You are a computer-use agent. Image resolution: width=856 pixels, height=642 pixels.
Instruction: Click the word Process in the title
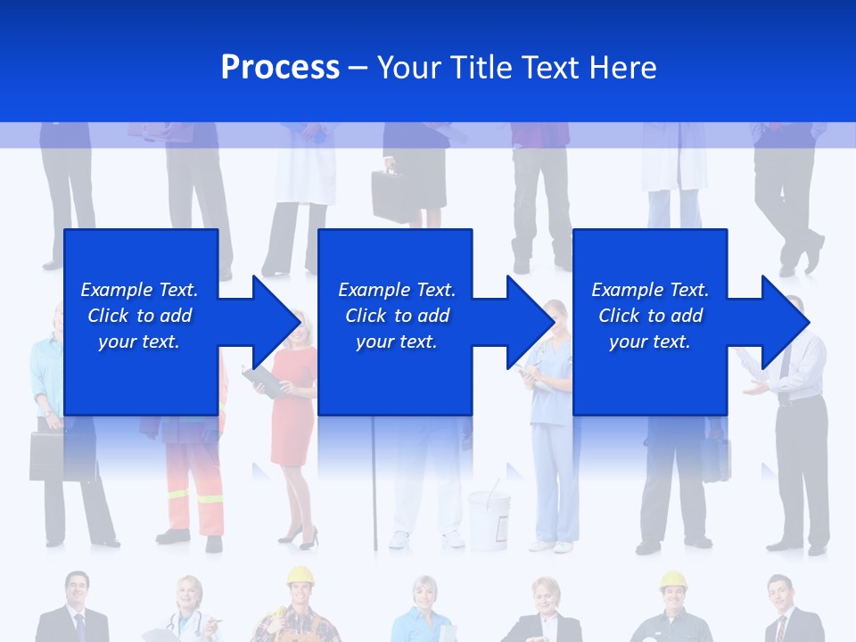(x=280, y=67)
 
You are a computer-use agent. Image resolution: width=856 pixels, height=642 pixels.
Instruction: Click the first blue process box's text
(x=139, y=316)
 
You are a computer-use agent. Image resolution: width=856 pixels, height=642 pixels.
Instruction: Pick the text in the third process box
(x=650, y=316)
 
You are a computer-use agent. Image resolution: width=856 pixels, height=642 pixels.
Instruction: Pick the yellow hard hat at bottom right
(x=673, y=581)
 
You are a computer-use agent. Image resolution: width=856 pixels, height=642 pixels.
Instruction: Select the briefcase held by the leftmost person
(x=48, y=456)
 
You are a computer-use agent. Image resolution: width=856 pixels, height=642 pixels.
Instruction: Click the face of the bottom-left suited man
(x=75, y=591)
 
